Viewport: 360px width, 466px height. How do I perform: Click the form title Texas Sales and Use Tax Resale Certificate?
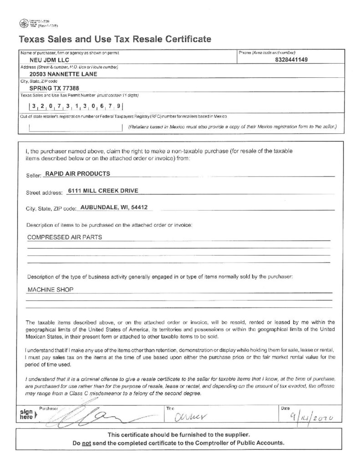pyautogui.click(x=115, y=39)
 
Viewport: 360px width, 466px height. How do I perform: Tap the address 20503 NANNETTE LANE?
pyautogui.click(x=63, y=74)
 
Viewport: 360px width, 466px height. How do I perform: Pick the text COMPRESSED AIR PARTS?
pyautogui.click(x=65, y=237)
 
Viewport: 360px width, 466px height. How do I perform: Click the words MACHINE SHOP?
pyautogui.click(x=50, y=289)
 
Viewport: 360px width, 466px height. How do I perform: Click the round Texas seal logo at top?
pyautogui.click(x=24, y=23)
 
